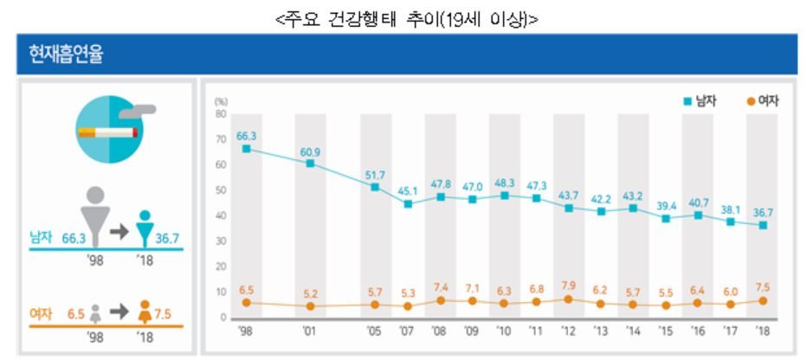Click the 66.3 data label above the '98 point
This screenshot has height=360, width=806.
coord(247,136)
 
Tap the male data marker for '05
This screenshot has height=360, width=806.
coord(375,187)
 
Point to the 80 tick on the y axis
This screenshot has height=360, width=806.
coord(221,114)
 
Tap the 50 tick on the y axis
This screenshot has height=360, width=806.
coord(221,190)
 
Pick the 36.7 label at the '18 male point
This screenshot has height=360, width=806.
coord(761,212)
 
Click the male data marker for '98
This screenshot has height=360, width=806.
coord(247,149)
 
